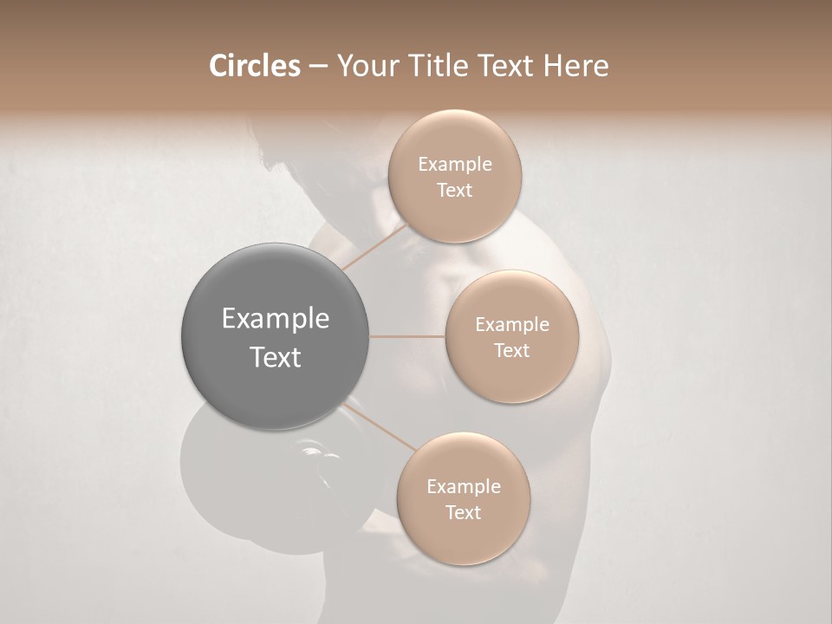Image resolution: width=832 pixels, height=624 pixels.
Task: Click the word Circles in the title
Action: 255,66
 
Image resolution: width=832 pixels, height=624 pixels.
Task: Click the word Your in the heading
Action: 364,66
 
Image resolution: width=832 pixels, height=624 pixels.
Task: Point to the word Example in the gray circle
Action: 276,319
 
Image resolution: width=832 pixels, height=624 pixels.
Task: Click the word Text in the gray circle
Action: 276,357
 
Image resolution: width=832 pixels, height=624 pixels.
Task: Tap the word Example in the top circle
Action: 455,165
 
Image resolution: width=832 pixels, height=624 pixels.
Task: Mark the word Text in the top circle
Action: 455,191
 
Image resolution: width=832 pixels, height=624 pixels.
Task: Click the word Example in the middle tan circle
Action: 512,325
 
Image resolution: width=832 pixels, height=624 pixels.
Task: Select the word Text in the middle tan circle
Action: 512,351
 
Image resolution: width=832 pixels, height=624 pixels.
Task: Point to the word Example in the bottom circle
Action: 464,487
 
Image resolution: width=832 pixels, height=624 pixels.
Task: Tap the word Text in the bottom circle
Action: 464,513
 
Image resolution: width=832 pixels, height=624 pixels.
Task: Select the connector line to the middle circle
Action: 407,336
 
